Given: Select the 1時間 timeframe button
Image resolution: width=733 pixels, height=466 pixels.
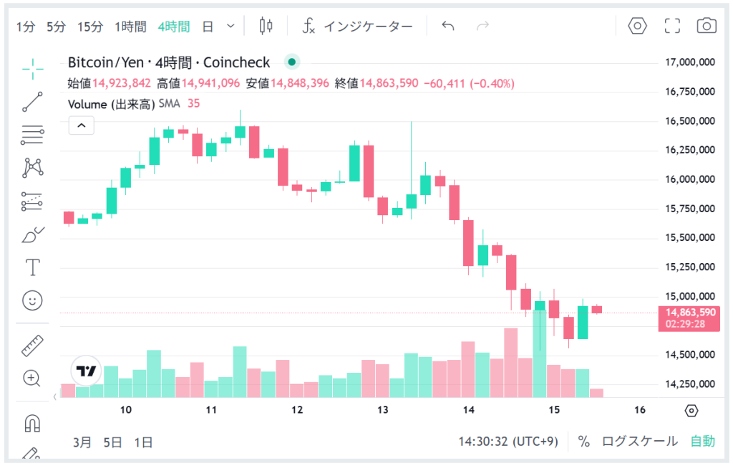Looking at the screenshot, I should click(x=130, y=27).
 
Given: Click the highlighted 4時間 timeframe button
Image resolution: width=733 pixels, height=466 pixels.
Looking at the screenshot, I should click(x=174, y=27).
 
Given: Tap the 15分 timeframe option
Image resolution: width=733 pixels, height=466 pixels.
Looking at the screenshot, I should click(x=90, y=27).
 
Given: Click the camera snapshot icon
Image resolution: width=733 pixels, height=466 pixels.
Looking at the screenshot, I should click(x=707, y=27).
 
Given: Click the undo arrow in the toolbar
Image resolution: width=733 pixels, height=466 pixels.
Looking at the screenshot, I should click(x=448, y=27).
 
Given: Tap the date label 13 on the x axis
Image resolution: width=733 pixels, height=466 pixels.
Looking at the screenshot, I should click(x=383, y=410).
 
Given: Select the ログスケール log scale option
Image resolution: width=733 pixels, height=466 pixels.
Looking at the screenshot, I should click(x=639, y=442).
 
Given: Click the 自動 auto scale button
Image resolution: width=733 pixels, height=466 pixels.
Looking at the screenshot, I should click(x=702, y=442).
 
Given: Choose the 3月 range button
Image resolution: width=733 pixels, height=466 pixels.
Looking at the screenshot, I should click(x=82, y=442).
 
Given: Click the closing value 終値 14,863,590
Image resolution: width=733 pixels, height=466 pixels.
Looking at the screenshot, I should click(x=388, y=83).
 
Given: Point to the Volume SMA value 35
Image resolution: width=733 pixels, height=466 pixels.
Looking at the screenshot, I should click(x=193, y=104).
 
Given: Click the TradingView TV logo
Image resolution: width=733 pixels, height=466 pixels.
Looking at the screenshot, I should click(x=87, y=371).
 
